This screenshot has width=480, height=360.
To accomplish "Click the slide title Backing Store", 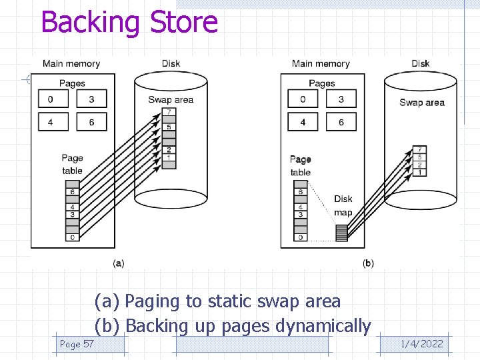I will (129, 22).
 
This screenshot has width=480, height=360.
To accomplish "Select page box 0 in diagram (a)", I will (50, 99).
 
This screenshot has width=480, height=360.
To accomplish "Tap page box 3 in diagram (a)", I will (91, 99).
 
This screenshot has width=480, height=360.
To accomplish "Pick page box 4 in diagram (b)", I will (303, 122).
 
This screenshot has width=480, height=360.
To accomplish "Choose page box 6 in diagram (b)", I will (341, 122).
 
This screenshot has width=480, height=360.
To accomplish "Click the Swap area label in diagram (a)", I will (171, 99).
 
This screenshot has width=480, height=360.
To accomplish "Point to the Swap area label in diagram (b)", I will (421, 102).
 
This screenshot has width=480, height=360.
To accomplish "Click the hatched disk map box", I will (341, 233).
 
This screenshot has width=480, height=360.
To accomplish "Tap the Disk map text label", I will (343, 205).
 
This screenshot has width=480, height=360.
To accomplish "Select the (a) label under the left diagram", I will (118, 263).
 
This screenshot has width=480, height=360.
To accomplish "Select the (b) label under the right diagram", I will (368, 263).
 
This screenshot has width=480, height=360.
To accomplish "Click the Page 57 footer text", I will (77, 344).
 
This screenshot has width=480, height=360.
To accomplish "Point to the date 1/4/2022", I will (421, 344).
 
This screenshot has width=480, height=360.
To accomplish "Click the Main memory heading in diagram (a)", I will (71, 64).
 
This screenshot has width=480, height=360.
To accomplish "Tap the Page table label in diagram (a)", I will (72, 164).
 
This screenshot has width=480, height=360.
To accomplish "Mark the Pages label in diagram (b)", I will (322, 83).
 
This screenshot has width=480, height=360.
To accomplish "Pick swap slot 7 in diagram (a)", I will (169, 111).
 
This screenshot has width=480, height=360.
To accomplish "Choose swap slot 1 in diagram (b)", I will (419, 172).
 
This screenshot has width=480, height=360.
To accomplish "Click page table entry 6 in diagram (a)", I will (73, 192).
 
